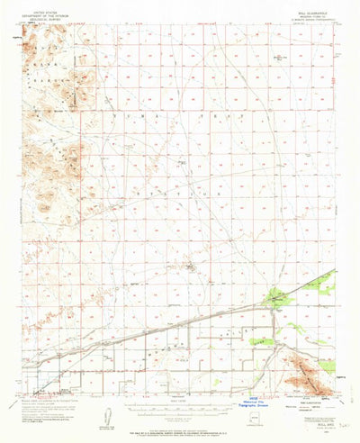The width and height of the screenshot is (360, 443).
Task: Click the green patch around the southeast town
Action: [274, 298]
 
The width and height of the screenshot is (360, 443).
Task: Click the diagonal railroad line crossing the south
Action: [180, 322]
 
